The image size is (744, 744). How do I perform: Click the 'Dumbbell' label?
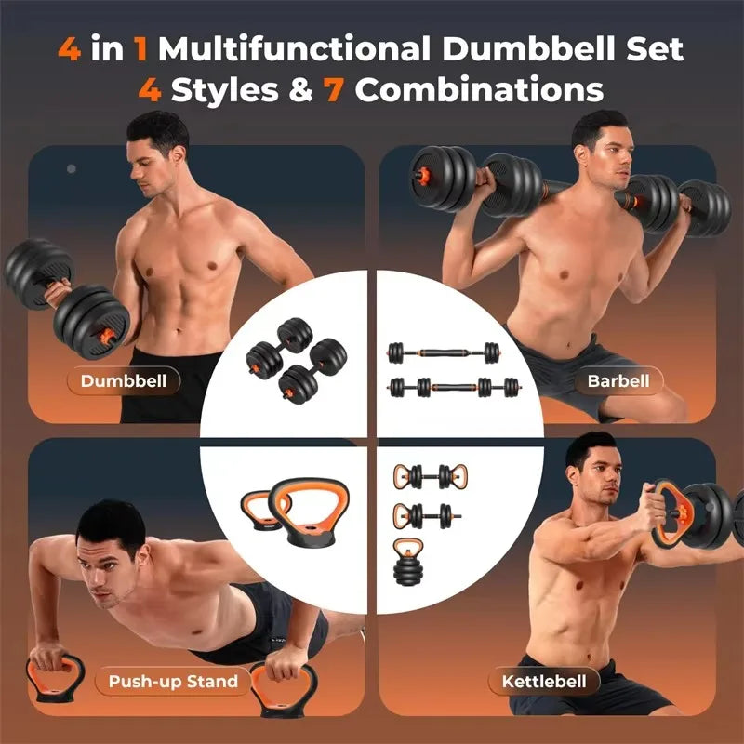[x=123, y=380]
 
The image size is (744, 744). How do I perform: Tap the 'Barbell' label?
[x=611, y=379]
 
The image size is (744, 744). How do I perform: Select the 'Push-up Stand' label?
[x=172, y=681]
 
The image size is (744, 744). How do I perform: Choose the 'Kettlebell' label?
[x=544, y=682]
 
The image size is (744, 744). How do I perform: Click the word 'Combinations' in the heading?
[x=480, y=91]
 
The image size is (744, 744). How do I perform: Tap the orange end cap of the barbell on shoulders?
[x=418, y=175]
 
